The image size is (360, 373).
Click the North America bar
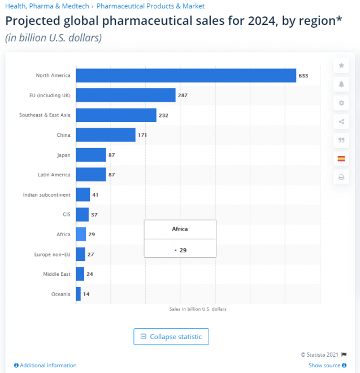[186, 76]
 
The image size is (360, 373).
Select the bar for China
[106, 135]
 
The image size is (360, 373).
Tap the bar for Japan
[91, 155]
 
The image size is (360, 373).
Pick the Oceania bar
[79, 294]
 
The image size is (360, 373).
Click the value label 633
[303, 76]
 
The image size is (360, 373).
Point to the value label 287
[183, 96]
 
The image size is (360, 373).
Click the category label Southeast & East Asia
[45, 115]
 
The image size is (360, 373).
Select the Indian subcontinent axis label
[47, 195]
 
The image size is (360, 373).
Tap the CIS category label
[67, 215]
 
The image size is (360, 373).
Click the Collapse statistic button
[171, 337]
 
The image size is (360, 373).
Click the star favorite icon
[341, 66]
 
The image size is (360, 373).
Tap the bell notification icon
[341, 84]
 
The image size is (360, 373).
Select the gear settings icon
[341, 103]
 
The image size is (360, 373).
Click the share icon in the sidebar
[341, 122]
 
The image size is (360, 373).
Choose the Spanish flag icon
[341, 159]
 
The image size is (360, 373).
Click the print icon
[341, 177]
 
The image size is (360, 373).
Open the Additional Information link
[48, 366]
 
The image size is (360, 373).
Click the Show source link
[324, 366]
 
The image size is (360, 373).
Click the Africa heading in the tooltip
[180, 229]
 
